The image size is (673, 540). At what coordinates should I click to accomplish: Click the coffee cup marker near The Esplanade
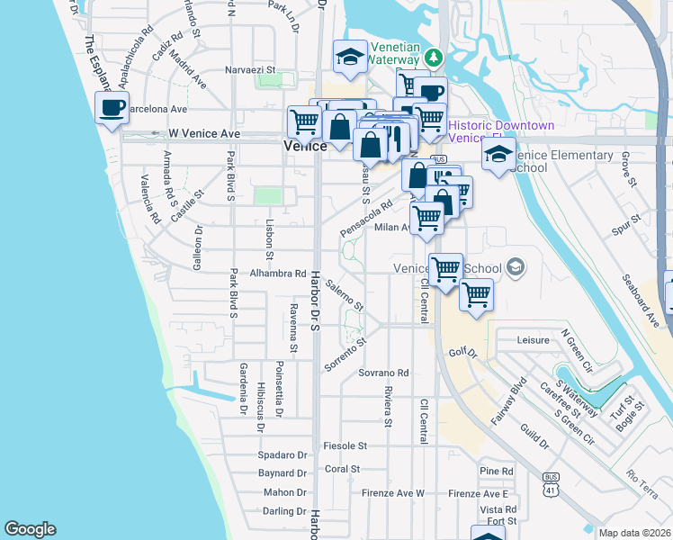click(112, 109)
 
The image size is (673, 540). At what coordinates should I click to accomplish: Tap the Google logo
click(30, 529)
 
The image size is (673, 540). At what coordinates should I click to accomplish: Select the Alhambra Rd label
click(278, 273)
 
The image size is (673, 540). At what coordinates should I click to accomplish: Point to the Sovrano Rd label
click(383, 373)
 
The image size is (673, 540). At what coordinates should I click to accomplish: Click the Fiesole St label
click(345, 445)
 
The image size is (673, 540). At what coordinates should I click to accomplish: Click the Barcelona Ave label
click(154, 109)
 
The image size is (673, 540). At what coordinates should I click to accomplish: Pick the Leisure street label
click(534, 340)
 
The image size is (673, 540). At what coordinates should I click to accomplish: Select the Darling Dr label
click(285, 511)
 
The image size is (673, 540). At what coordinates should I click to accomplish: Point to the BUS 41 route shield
click(550, 484)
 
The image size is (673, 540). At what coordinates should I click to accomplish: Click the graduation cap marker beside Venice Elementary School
click(498, 154)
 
